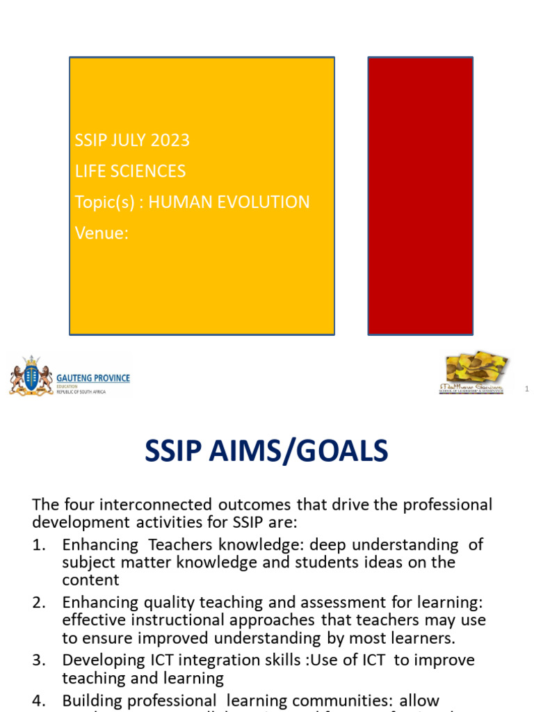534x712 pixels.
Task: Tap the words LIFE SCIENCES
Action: (x=130, y=171)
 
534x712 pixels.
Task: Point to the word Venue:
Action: (x=102, y=234)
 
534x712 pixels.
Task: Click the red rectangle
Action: (x=420, y=195)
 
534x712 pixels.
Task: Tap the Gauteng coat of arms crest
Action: (x=31, y=376)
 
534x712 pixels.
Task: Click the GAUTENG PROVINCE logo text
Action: (x=94, y=378)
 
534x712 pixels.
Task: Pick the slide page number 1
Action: (x=527, y=390)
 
